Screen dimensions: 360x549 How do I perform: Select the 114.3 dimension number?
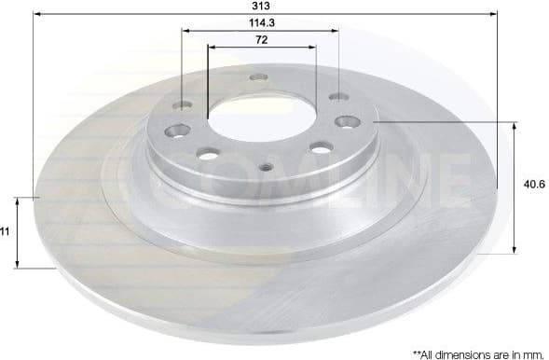pos(260,22)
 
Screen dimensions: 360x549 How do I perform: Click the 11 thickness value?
pos(6,231)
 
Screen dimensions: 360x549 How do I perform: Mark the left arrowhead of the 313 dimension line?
pos(38,15)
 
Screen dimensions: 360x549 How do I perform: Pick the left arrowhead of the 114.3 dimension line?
pos(185,31)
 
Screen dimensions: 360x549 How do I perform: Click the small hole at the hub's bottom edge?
pos(267,168)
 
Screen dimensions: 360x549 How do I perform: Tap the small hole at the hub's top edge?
pos(260,76)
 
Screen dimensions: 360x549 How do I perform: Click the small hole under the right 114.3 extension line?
pos(337,97)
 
